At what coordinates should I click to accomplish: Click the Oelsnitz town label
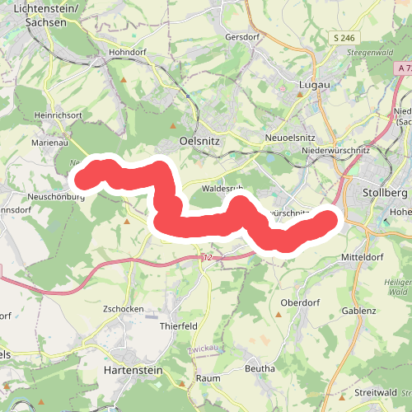(200, 141)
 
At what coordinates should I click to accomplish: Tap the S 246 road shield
(344, 38)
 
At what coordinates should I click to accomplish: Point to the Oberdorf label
(298, 302)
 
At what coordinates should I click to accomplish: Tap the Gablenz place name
(358, 311)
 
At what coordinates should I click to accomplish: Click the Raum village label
(206, 378)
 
